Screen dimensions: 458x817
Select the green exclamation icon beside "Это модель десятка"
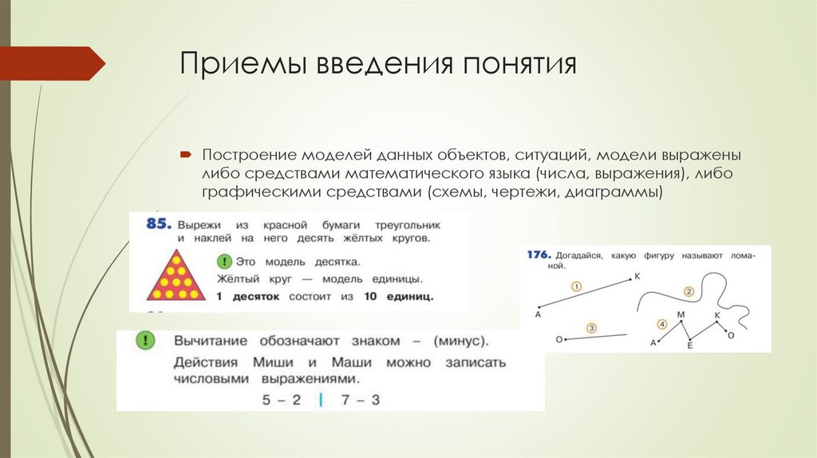coord(225,261)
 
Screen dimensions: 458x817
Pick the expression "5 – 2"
coord(282,400)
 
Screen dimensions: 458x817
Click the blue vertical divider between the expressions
coord(321,400)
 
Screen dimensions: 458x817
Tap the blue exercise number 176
coord(539,255)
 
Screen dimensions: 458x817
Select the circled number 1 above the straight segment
coord(576,285)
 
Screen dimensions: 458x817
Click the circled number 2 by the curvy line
coord(689,291)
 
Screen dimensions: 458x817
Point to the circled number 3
coord(591,327)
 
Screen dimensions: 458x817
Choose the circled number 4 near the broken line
coord(661,324)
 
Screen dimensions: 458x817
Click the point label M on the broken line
coord(681,315)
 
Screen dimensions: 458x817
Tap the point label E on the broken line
coord(690,348)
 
